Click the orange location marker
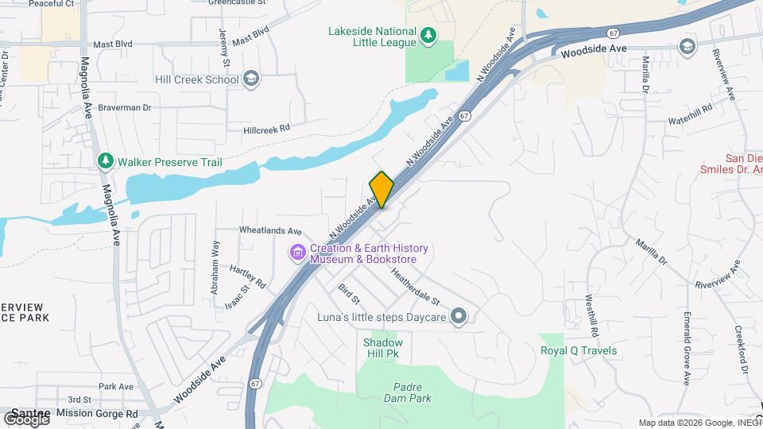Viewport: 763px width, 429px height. (381, 189)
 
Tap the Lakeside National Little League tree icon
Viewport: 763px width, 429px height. (428, 34)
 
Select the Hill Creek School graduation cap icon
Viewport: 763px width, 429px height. (251, 79)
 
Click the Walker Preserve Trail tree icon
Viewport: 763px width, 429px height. (105, 161)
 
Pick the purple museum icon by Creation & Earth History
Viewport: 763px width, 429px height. (297, 253)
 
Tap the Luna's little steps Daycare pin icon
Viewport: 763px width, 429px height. (458, 316)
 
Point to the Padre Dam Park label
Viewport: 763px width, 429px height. (412, 392)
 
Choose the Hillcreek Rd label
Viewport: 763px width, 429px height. (267, 127)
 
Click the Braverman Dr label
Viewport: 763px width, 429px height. (125, 106)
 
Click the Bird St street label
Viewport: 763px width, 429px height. (349, 294)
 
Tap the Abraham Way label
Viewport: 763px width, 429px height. (215, 269)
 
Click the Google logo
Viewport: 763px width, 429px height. (26, 419)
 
